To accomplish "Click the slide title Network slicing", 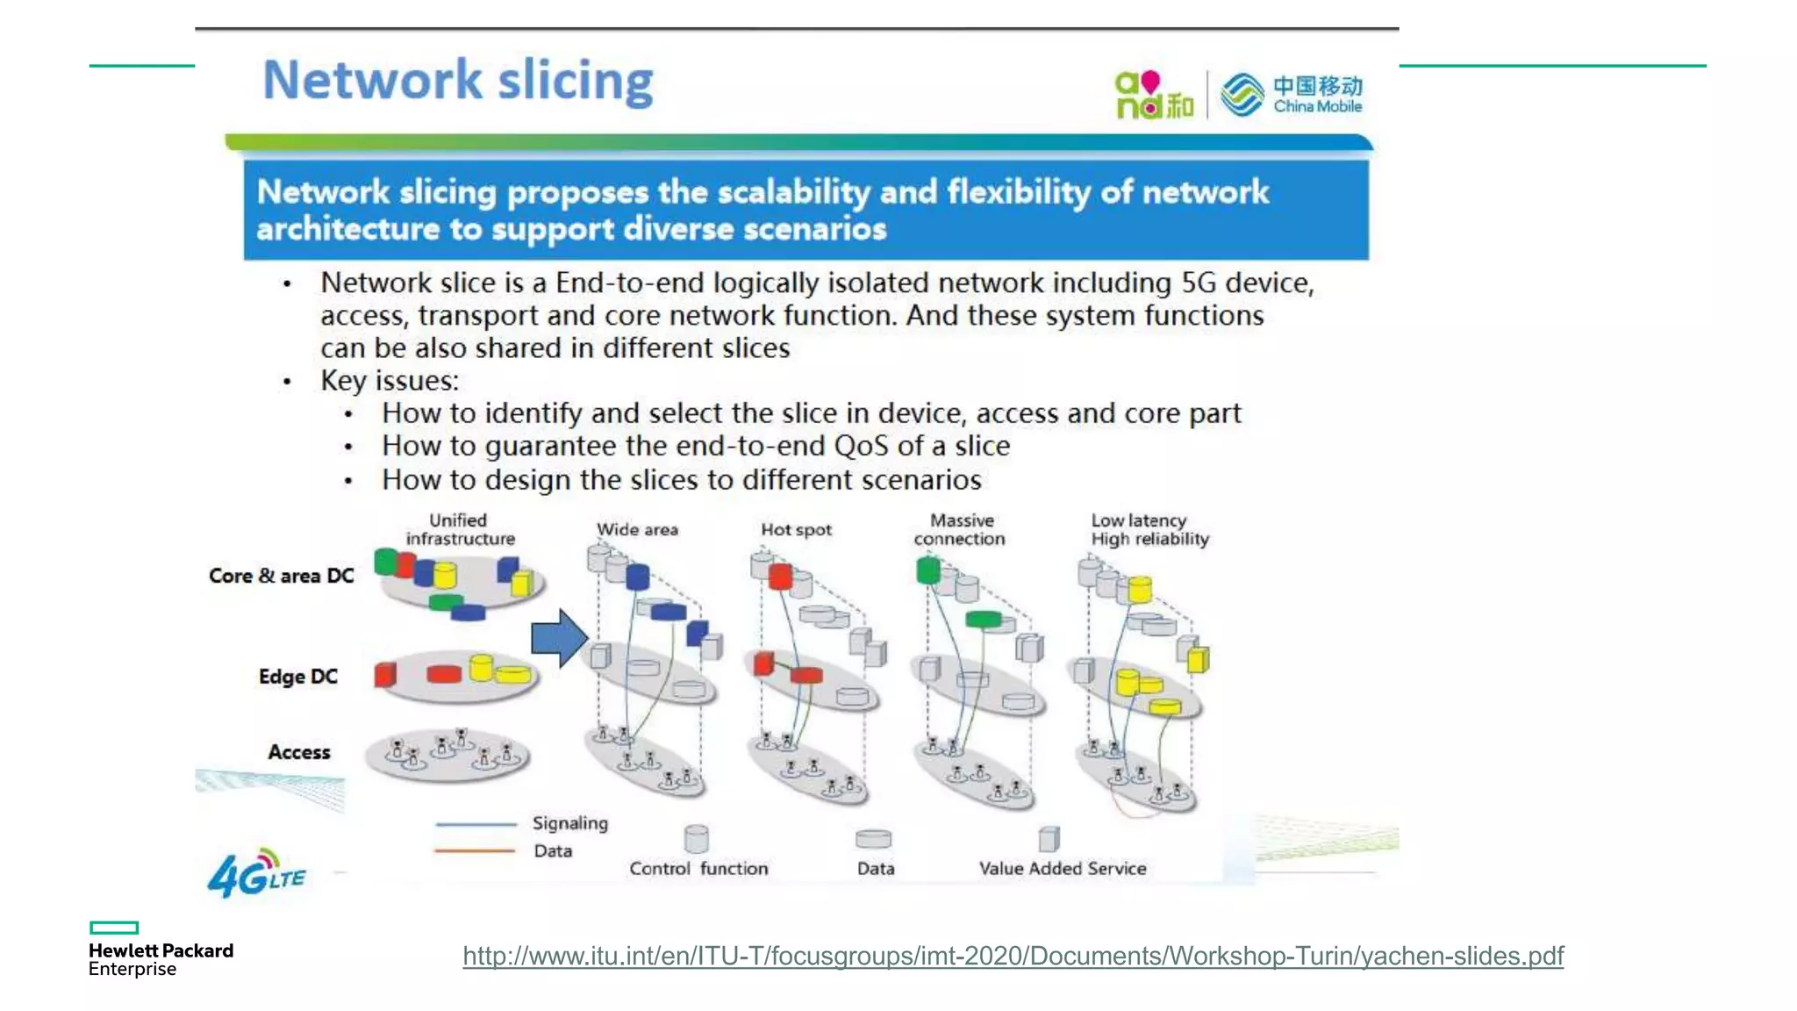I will click(458, 81).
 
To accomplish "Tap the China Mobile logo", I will click(1291, 95).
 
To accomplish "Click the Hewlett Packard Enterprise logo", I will click(161, 950).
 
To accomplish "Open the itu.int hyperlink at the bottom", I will click(1013, 956).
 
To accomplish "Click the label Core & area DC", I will click(281, 576).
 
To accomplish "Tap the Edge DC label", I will click(297, 677).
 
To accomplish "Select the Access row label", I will click(299, 752).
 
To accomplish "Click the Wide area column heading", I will click(637, 530).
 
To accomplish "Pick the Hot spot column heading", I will click(796, 530).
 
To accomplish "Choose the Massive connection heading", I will click(960, 530).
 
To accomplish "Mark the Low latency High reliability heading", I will click(1149, 530).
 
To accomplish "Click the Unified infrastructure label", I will click(460, 530).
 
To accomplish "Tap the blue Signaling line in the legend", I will click(476, 824).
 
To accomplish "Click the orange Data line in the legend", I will click(475, 850).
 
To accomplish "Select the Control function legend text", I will click(698, 868).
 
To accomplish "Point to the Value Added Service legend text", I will click(1063, 868).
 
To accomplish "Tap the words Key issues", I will click(390, 381).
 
